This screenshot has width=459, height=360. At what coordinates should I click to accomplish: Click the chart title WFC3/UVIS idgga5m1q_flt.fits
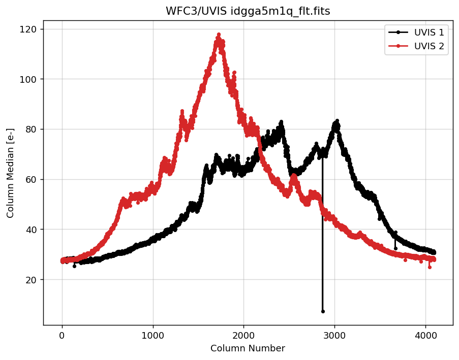pyautogui.click(x=248, y=11)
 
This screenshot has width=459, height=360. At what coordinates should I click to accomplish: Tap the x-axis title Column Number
pyautogui.click(x=248, y=348)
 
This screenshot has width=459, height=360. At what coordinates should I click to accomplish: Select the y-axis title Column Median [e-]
pyautogui.click(x=11, y=173)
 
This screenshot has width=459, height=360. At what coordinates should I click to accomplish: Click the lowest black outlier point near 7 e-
pyautogui.click(x=323, y=311)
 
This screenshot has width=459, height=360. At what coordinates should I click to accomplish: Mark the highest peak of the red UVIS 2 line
pyautogui.click(x=219, y=35)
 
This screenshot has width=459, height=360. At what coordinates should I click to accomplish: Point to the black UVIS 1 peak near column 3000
pyautogui.click(x=336, y=121)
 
